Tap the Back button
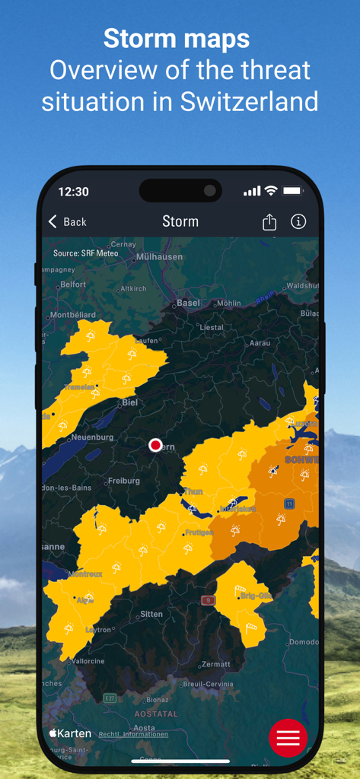(x=67, y=221)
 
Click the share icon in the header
(x=269, y=221)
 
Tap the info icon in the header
(x=298, y=221)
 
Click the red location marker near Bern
(x=155, y=444)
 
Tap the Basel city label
(x=188, y=303)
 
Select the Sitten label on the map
(x=151, y=614)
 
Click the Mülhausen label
(x=159, y=257)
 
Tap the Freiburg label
(x=123, y=481)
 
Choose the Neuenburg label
(x=92, y=437)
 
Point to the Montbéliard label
(x=73, y=315)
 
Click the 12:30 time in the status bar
(x=73, y=192)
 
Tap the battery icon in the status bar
(x=292, y=191)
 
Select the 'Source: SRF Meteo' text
(x=85, y=253)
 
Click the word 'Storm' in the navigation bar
(x=180, y=221)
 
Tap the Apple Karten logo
(x=70, y=733)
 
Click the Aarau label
(x=260, y=343)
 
